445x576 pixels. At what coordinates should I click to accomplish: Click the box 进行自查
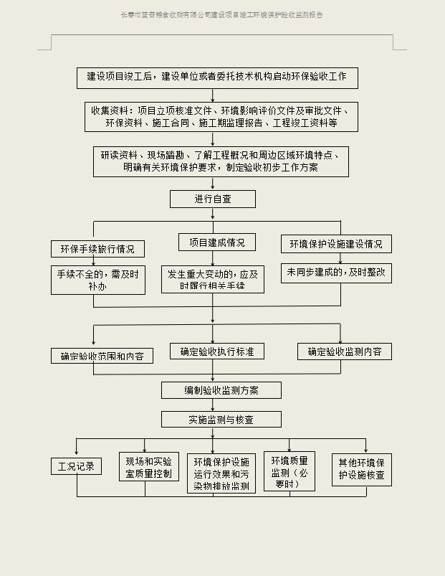pyautogui.click(x=213, y=199)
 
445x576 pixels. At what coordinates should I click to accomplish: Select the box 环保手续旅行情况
pyautogui.click(x=97, y=249)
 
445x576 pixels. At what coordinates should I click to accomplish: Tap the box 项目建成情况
pyautogui.click(x=216, y=242)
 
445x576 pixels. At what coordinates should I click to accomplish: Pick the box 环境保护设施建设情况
pyautogui.click(x=336, y=244)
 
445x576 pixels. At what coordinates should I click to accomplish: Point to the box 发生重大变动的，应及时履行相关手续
pyautogui.click(x=213, y=280)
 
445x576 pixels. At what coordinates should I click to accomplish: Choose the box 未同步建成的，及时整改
pyautogui.click(x=336, y=273)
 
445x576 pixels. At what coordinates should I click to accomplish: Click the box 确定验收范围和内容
pyautogui.click(x=102, y=356)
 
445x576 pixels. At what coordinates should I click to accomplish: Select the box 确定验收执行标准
pyautogui.click(x=217, y=351)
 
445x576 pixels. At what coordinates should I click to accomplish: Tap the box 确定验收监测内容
pyautogui.click(x=345, y=351)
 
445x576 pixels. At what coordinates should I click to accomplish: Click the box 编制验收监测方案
pyautogui.click(x=221, y=390)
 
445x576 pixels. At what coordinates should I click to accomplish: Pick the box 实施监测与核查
pyautogui.click(x=221, y=420)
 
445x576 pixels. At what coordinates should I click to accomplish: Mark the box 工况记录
pyautogui.click(x=76, y=466)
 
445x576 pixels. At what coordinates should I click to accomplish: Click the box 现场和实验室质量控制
pyautogui.click(x=148, y=466)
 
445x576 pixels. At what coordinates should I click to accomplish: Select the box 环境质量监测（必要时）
pyautogui.click(x=290, y=472)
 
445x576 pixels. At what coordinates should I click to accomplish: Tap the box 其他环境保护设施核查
pyautogui.click(x=362, y=469)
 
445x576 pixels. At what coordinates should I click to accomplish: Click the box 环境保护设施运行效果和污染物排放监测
pyautogui.click(x=221, y=473)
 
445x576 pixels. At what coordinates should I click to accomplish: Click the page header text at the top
pyautogui.click(x=222, y=14)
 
